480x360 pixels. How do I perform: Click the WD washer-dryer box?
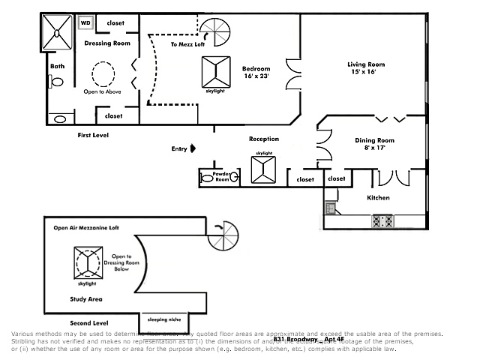click(x=85, y=22)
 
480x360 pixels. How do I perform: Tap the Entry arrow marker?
click(x=193, y=148)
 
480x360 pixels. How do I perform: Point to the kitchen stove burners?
click(x=383, y=221)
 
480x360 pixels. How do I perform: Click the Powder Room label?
click(x=221, y=177)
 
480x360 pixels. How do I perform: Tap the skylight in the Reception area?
click(x=264, y=169)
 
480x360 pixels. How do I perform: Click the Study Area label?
click(x=86, y=298)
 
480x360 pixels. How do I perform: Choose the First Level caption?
click(x=94, y=135)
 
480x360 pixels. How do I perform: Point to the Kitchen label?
click(x=378, y=198)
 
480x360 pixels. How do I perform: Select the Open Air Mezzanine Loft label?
click(x=86, y=227)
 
